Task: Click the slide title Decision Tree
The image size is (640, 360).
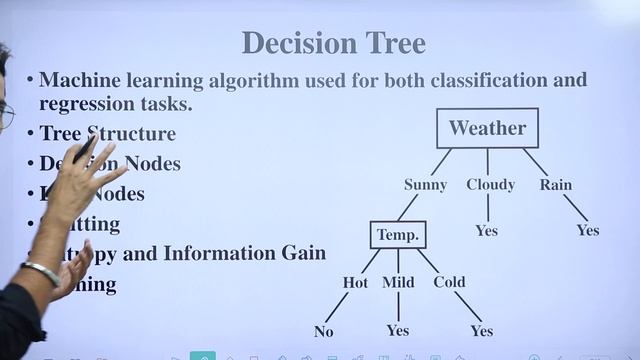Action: click(x=333, y=43)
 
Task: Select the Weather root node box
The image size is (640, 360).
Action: click(x=487, y=128)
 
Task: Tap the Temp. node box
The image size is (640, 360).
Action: click(x=397, y=235)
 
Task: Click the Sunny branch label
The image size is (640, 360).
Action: click(x=425, y=185)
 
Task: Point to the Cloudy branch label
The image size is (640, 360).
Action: click(x=490, y=185)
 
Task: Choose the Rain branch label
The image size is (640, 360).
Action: click(x=556, y=185)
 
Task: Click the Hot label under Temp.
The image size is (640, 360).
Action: click(x=355, y=283)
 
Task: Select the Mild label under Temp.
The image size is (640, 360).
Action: click(x=398, y=283)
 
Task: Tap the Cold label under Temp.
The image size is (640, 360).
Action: click(x=449, y=283)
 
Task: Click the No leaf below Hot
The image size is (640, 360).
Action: click(x=323, y=331)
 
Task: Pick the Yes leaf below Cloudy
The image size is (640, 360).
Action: click(x=486, y=231)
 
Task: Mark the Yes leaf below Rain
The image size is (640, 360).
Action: click(x=587, y=231)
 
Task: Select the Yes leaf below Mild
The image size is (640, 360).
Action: click(x=397, y=331)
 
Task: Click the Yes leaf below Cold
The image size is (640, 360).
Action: click(x=481, y=331)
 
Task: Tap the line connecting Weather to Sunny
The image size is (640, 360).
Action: click(x=441, y=162)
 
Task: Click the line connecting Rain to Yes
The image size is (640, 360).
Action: click(x=575, y=208)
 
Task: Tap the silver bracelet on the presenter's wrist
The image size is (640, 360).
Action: click(x=41, y=272)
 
